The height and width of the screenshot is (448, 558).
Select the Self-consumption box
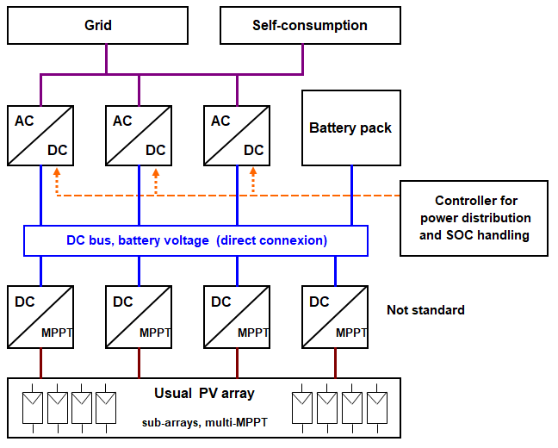coord(309,26)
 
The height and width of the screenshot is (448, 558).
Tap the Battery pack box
coord(350,128)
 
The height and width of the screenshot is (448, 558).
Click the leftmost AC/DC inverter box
coord(40,134)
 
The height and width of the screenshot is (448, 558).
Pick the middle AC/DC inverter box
coord(139,134)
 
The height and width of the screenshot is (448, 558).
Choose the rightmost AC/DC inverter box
coord(237,134)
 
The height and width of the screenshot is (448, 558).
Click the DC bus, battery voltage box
coord(196,240)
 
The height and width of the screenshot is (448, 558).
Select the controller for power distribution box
coord(474,218)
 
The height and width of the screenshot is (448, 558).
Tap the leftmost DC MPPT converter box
coord(40,315)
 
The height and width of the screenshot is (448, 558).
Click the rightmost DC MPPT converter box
coord(335,315)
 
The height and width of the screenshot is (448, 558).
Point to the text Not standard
coord(426,309)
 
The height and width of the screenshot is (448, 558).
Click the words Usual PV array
coord(204,394)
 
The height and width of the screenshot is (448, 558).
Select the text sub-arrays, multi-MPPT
coord(204,423)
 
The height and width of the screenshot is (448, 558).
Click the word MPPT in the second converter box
coord(155,333)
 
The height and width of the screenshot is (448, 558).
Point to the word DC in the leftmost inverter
coord(58,150)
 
